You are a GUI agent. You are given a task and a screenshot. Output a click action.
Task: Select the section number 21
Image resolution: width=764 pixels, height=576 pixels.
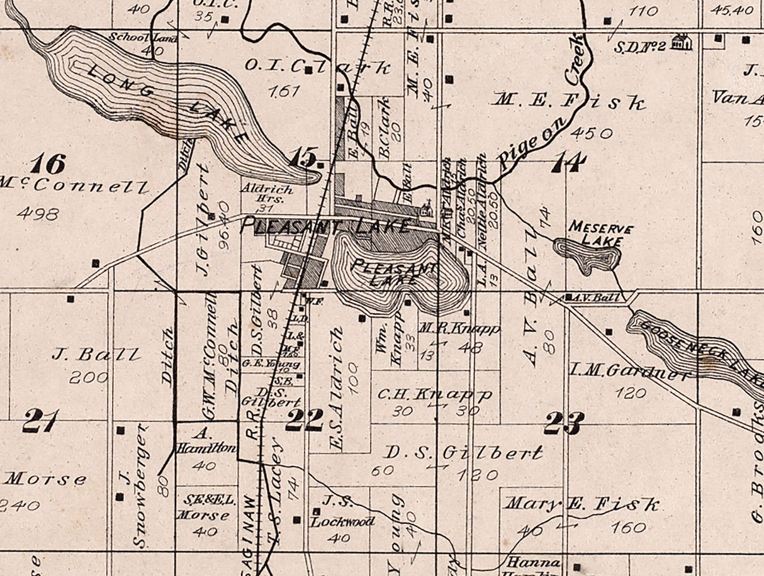tap(41, 421)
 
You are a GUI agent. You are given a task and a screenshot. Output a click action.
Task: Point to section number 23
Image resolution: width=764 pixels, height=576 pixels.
tap(564, 423)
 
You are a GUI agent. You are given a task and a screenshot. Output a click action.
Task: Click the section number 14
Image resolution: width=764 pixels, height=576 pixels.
tap(569, 163)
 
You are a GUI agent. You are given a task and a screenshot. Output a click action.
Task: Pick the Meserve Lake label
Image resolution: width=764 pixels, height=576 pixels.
tap(600, 234)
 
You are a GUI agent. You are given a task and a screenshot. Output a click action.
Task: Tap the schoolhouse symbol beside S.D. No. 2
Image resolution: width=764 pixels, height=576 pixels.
tap(681, 42)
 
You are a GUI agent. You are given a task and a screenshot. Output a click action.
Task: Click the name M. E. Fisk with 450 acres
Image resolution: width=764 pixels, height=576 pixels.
tap(570, 101)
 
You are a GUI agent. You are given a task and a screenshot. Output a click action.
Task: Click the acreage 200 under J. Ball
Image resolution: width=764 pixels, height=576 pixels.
tap(89, 377)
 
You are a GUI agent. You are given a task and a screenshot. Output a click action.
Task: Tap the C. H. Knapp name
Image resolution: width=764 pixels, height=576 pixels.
tap(434, 395)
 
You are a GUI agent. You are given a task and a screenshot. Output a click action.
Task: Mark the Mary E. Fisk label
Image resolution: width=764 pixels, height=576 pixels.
tap(583, 504)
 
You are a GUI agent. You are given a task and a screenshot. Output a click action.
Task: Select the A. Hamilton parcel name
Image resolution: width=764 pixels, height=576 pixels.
tap(206, 441)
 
